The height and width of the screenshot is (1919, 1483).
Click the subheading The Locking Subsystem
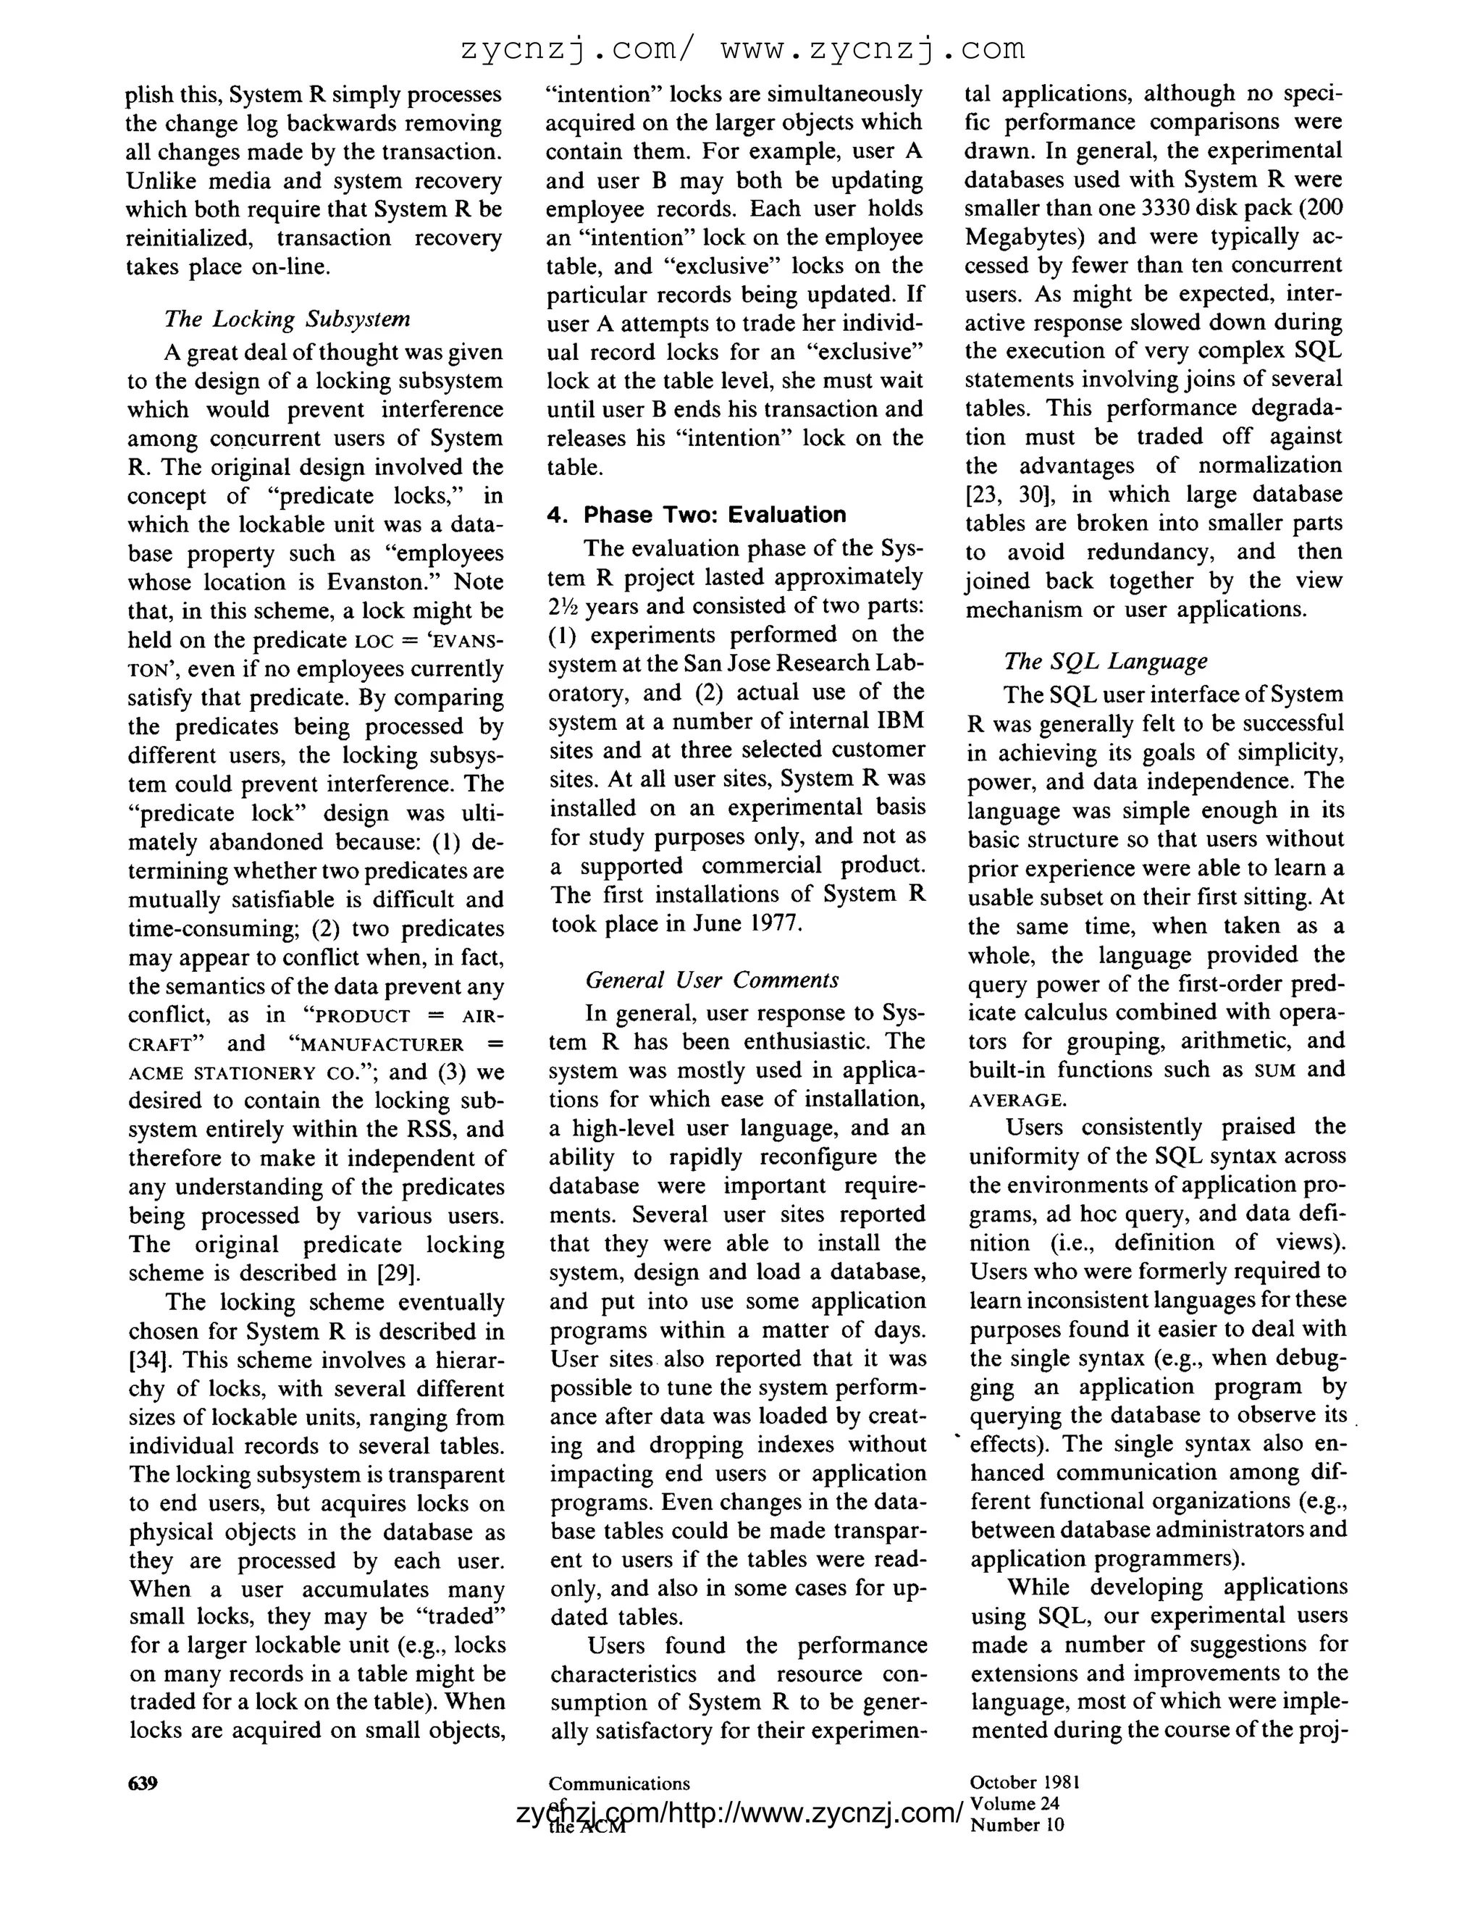click(287, 318)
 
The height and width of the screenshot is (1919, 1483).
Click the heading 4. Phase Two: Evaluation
click(696, 515)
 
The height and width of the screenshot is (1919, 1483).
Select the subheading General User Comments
click(712, 980)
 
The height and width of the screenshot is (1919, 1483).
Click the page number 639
click(143, 1783)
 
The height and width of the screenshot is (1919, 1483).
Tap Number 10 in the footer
click(1017, 1825)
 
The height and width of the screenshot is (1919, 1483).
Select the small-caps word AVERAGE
click(1017, 1100)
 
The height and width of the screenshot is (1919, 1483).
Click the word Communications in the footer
click(618, 1784)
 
